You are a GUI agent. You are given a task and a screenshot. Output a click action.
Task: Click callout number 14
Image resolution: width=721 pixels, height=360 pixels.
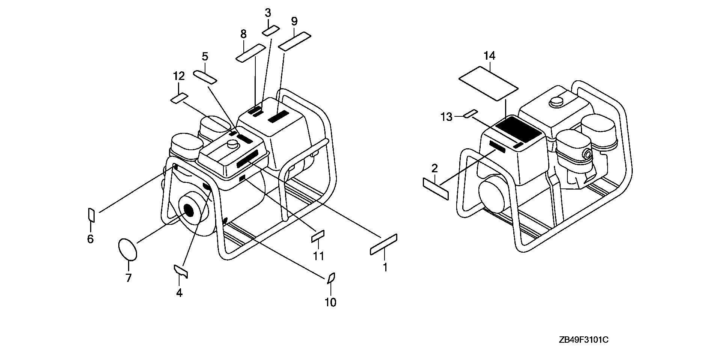click(x=489, y=56)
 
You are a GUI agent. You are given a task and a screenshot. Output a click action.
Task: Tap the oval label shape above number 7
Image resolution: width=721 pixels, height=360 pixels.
click(x=127, y=249)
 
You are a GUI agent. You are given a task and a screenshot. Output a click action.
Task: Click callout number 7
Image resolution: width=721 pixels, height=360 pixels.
click(x=128, y=278)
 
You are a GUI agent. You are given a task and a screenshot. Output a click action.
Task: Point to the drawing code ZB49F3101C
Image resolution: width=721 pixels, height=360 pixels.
click(x=583, y=340)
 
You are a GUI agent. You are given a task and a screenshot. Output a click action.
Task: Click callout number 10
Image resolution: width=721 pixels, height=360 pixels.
click(x=330, y=302)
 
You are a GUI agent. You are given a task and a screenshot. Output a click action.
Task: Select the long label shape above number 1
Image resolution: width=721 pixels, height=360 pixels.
click(x=383, y=244)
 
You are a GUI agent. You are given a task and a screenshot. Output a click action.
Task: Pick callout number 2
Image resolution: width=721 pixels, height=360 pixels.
click(x=434, y=168)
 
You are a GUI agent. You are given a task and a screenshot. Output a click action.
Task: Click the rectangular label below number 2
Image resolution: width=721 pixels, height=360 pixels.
click(x=436, y=189)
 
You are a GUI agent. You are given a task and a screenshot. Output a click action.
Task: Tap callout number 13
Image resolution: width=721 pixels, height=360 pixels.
click(x=446, y=117)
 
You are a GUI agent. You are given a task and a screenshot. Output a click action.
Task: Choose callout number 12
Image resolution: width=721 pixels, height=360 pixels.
click(x=179, y=76)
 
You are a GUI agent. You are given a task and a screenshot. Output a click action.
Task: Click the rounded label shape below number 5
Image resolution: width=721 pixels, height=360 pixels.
click(x=205, y=77)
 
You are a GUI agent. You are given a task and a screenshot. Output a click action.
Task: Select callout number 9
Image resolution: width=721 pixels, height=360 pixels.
click(x=294, y=21)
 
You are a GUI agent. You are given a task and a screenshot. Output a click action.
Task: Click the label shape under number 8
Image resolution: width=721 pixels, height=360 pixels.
click(x=250, y=53)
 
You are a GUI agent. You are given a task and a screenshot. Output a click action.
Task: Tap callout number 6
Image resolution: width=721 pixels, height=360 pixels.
click(x=90, y=239)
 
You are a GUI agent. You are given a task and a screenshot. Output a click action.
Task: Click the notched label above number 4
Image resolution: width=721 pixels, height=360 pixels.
click(x=180, y=271)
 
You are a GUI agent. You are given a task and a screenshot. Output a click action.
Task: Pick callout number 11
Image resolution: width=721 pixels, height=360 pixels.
click(x=318, y=256)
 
